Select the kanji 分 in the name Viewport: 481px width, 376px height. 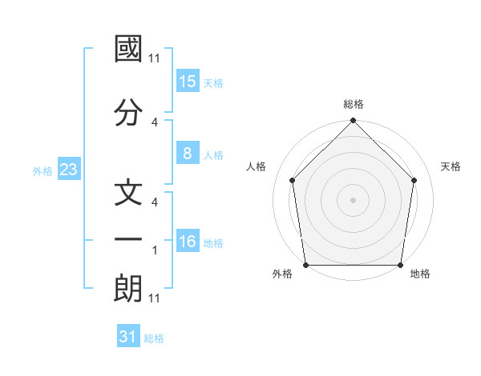click(128, 110)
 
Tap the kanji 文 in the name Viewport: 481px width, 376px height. click(128, 197)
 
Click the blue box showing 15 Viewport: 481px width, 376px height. click(187, 81)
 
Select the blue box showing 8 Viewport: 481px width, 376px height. click(187, 154)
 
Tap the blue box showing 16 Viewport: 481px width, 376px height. click(187, 241)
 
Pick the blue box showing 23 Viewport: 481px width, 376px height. click(68, 170)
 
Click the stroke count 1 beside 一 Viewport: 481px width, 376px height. click(155, 251)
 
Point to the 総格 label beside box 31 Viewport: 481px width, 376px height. click(154, 338)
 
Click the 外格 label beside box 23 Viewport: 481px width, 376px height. click(42, 170)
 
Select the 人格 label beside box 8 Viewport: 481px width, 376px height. click(213, 155)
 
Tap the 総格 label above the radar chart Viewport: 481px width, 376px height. click(353, 104)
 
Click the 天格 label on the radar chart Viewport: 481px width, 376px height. click(451, 166)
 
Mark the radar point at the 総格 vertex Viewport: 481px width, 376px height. click(353, 122)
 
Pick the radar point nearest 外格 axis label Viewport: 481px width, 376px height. click(305, 265)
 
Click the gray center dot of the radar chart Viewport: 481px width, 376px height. click(353, 199)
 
